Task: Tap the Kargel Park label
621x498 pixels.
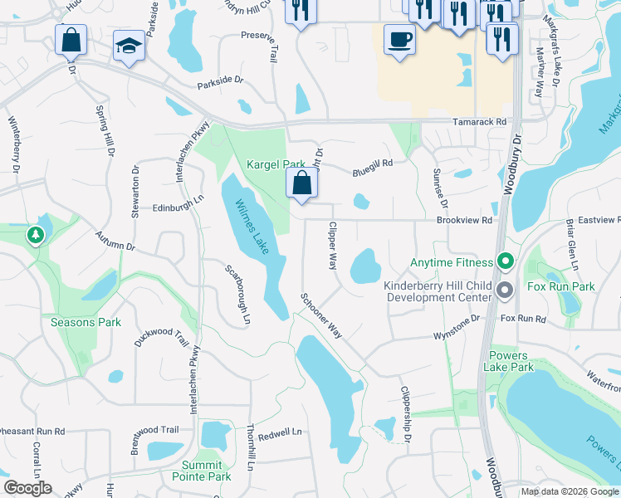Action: click(x=276, y=164)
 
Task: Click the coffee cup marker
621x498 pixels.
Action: click(x=399, y=39)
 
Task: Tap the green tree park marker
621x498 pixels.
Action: click(x=36, y=236)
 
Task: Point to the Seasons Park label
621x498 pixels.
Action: click(x=86, y=322)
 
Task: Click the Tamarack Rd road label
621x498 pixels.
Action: click(x=479, y=121)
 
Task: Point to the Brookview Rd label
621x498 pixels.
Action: click(x=465, y=221)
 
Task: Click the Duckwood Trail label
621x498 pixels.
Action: click(x=162, y=336)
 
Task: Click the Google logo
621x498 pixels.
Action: click(x=27, y=488)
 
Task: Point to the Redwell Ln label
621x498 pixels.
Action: click(x=280, y=432)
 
